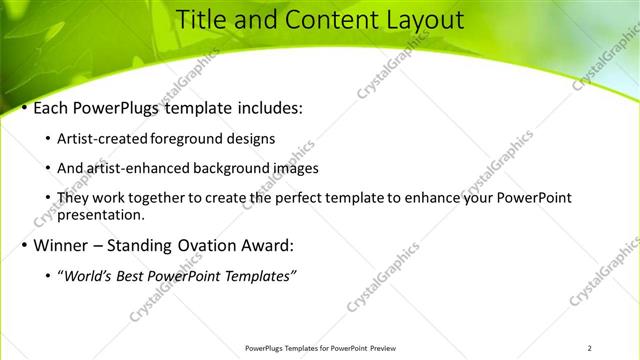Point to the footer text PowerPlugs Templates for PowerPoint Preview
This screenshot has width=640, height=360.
pos(319,348)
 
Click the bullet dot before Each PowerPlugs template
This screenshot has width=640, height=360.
pos(24,108)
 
